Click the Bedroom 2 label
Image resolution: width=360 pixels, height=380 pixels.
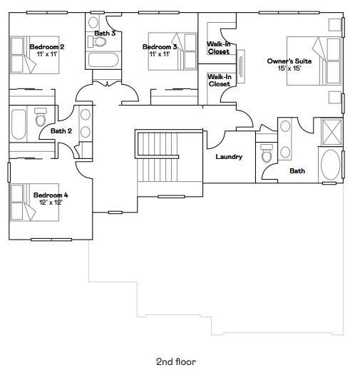click(x=47, y=47)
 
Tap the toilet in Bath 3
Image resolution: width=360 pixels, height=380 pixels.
click(x=97, y=41)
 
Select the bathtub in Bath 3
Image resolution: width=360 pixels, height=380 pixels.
click(x=103, y=60)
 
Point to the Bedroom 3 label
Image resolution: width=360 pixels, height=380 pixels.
click(x=160, y=47)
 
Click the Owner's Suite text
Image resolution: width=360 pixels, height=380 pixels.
click(x=289, y=61)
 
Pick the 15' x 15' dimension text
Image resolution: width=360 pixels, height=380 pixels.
click(x=289, y=68)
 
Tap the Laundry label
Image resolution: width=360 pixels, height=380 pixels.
click(x=229, y=157)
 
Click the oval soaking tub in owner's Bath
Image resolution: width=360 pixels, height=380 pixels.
click(x=331, y=165)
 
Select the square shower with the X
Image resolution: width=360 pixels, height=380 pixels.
click(x=332, y=133)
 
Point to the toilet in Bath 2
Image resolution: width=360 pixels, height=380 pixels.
click(x=41, y=118)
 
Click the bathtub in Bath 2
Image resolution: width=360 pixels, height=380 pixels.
click(x=19, y=125)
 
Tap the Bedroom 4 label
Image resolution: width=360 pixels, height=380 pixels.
click(x=51, y=195)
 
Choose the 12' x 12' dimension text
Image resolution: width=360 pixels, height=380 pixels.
click(x=51, y=202)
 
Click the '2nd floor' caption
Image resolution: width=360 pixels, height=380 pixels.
click(x=176, y=362)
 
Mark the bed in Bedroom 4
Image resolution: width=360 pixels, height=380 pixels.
click(x=34, y=202)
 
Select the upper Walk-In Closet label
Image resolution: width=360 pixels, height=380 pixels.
click(x=219, y=48)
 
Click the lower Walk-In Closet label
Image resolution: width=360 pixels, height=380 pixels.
click(x=220, y=81)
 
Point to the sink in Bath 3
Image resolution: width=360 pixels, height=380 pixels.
click(x=93, y=23)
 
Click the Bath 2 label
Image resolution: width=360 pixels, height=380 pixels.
click(x=61, y=131)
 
